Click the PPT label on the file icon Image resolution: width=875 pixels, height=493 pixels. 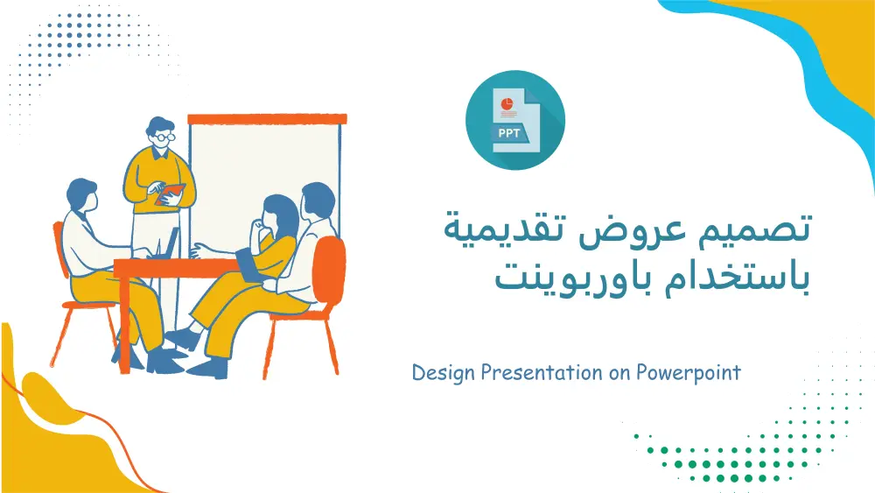coord(508,133)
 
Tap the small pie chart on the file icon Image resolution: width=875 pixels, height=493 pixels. coord(506,104)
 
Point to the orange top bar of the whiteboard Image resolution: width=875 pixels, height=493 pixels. coord(267,118)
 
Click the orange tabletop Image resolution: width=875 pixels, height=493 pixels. coord(175,264)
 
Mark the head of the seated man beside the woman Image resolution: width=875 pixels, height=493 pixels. coord(316,201)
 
